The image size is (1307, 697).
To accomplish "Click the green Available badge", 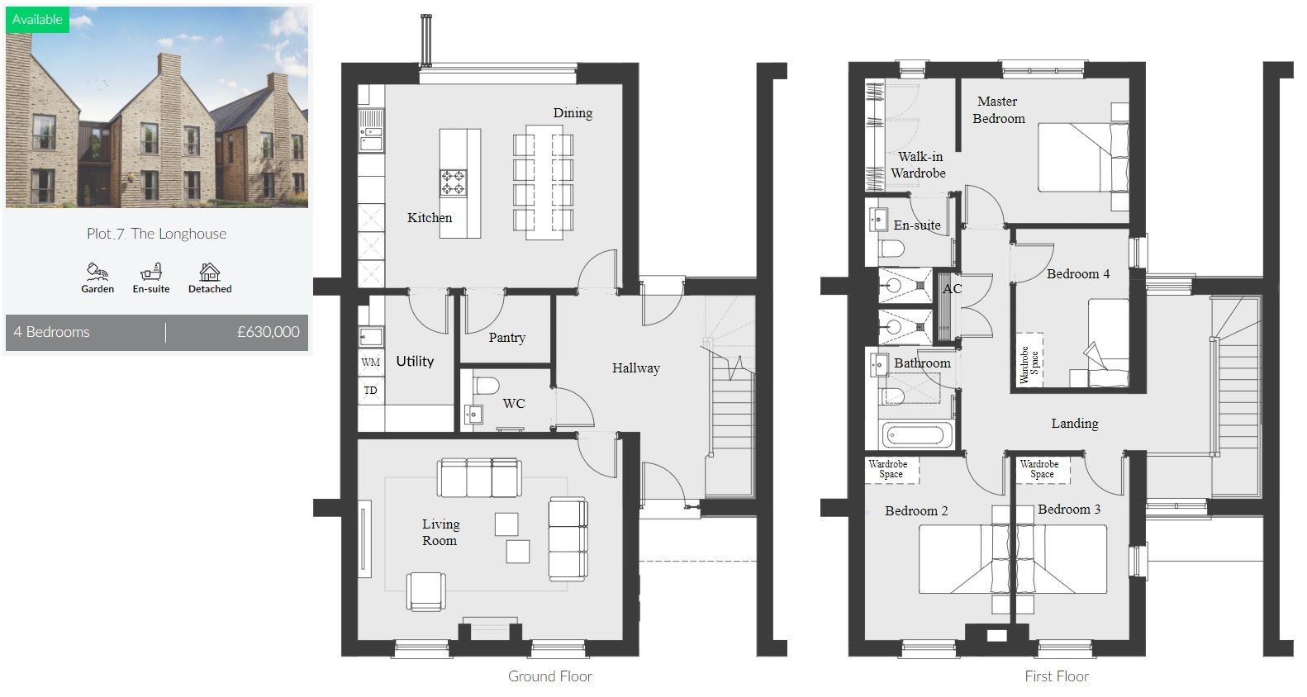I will pyautogui.click(x=37, y=19).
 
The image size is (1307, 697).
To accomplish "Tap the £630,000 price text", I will pyautogui.click(x=268, y=332).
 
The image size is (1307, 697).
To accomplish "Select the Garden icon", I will pyautogui.click(x=97, y=272).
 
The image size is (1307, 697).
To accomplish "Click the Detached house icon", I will pyautogui.click(x=210, y=272).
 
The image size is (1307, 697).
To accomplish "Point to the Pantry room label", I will pyautogui.click(x=506, y=337).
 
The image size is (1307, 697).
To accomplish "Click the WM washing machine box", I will pyautogui.click(x=371, y=363).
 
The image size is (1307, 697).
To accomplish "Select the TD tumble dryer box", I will pyautogui.click(x=371, y=390).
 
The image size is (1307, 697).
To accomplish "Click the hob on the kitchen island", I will pyautogui.click(x=453, y=182).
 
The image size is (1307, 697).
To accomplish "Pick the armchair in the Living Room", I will pyautogui.click(x=426, y=591).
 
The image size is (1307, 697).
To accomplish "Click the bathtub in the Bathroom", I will pyautogui.click(x=917, y=434).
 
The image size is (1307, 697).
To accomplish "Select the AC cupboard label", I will pyautogui.click(x=952, y=288).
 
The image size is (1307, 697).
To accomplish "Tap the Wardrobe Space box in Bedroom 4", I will pyautogui.click(x=1029, y=360).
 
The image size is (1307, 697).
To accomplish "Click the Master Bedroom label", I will pyautogui.click(x=998, y=110).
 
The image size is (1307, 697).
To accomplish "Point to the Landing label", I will pyautogui.click(x=1074, y=423).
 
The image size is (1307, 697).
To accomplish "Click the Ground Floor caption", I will pyautogui.click(x=549, y=676).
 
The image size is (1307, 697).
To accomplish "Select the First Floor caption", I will pyautogui.click(x=1056, y=676).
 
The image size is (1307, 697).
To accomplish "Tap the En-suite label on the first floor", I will pyautogui.click(x=916, y=225).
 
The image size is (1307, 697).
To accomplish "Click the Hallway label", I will pyautogui.click(x=635, y=367).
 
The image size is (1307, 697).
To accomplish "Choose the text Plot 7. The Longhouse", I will pyautogui.click(x=156, y=234).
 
